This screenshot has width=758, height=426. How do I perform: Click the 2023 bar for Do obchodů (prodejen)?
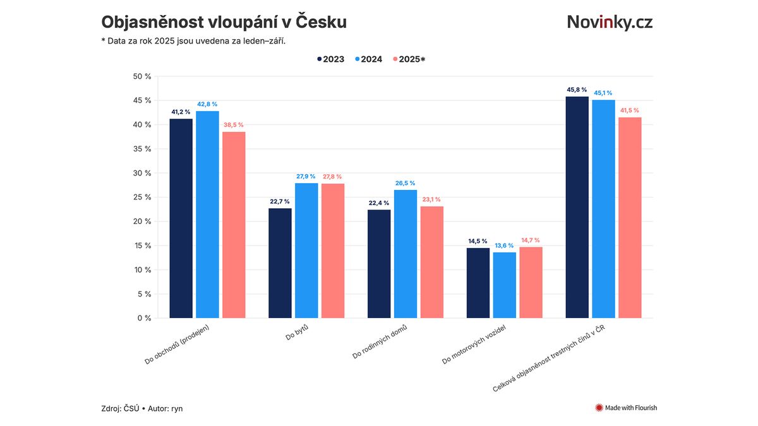click(x=181, y=218)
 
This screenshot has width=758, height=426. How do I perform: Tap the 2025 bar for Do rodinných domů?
click(x=432, y=262)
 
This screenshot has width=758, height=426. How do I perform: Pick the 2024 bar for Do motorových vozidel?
click(x=504, y=285)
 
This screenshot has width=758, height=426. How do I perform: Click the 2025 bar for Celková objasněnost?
click(x=630, y=218)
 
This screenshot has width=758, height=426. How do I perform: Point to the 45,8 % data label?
click(x=577, y=90)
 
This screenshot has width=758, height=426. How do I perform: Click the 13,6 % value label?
click(x=504, y=246)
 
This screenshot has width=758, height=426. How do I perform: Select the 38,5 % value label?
click(x=234, y=125)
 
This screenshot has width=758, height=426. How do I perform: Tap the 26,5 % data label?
click(x=406, y=183)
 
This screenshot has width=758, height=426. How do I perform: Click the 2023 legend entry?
click(x=330, y=59)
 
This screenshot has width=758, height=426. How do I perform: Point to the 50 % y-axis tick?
click(x=143, y=76)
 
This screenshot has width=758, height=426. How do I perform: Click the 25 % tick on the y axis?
click(x=143, y=198)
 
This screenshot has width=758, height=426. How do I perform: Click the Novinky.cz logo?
click(x=610, y=22)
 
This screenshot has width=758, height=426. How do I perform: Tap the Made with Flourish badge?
click(x=626, y=408)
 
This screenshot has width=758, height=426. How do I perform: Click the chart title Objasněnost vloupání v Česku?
click(x=224, y=22)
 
